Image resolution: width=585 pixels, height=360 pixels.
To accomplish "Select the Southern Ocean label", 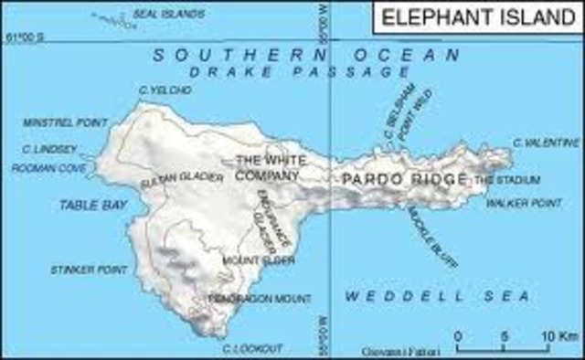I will pos(306,55).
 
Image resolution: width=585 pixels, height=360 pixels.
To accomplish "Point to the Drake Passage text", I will pos(301,71).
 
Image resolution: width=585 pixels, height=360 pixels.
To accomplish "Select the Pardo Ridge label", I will pos(405,179).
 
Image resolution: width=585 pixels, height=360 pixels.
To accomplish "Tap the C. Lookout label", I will pos(252,348).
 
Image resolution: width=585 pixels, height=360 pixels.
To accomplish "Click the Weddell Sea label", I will pos(437,297).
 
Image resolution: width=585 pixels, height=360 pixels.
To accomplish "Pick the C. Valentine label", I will pos(546,143).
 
